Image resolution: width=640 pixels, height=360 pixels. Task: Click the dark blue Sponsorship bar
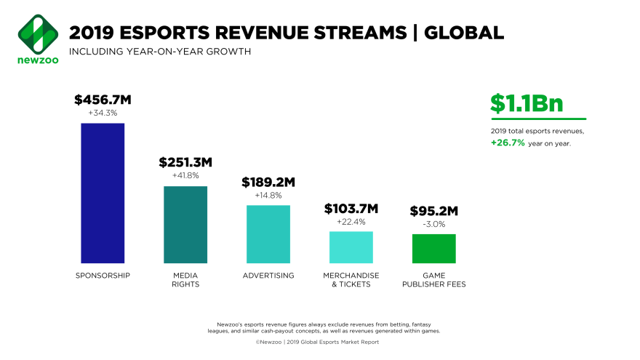pos(103,193)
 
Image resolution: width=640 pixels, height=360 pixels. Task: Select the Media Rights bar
pos(185,224)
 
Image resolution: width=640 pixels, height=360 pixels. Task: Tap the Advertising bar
pos(268,233)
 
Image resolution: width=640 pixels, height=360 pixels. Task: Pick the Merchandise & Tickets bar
pos(351,247)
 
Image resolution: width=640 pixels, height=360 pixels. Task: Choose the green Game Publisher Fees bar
pos(434,248)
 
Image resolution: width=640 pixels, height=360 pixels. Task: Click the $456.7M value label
pos(103,99)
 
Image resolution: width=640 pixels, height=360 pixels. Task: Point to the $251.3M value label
pos(185,162)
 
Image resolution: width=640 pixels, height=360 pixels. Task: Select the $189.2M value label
pos(268,182)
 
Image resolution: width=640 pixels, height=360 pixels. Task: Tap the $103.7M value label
pos(351,209)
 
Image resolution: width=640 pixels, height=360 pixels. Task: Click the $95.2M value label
pos(434,211)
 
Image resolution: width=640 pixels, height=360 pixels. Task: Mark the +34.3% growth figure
pos(103,113)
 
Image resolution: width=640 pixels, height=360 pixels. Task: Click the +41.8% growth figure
pos(185,175)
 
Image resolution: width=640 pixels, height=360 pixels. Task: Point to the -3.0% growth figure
pos(434,224)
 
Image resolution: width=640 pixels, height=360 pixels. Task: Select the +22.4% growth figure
pos(351,222)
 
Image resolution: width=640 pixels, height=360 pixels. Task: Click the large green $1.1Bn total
pos(526,103)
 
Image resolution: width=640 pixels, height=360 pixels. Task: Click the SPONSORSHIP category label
pos(103,276)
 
